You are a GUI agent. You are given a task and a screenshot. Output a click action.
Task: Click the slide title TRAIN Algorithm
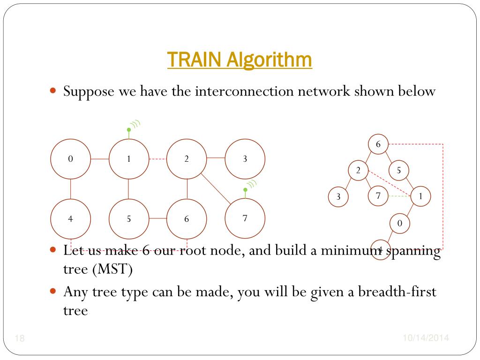click(x=240, y=60)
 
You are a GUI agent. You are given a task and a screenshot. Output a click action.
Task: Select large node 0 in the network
click(x=70, y=159)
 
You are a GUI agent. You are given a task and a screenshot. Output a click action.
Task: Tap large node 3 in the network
click(x=245, y=159)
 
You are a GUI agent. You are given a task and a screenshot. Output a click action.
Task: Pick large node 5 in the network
click(x=128, y=219)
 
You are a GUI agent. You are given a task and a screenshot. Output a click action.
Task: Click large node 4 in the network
click(x=70, y=219)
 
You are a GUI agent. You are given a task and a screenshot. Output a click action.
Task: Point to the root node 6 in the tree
click(x=378, y=144)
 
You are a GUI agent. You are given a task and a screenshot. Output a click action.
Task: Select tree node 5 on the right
click(x=399, y=171)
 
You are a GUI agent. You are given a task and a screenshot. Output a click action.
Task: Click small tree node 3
click(x=338, y=197)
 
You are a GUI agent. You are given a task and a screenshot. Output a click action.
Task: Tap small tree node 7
click(x=378, y=196)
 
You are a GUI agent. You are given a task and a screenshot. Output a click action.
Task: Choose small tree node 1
click(x=420, y=197)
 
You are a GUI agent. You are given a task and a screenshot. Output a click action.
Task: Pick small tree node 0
click(x=399, y=224)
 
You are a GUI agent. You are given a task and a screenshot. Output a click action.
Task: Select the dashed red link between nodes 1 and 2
click(x=158, y=159)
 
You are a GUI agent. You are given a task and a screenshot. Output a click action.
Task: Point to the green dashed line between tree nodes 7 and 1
click(x=399, y=196)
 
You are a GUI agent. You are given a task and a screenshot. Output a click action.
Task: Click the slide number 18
click(x=20, y=338)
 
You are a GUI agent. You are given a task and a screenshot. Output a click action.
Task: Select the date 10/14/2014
click(x=426, y=338)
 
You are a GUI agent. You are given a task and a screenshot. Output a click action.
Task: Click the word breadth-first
click(x=397, y=292)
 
